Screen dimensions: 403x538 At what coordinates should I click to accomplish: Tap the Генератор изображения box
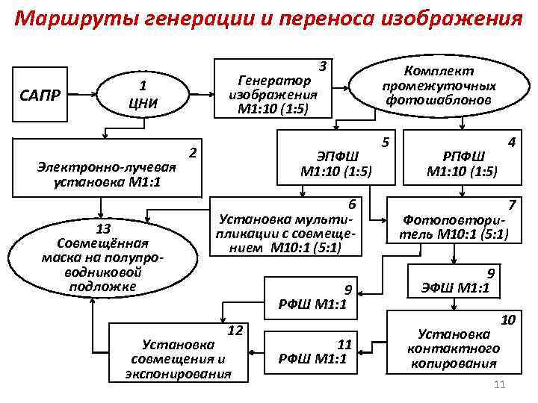[x=273, y=89]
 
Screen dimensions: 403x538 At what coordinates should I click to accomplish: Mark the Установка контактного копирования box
[x=454, y=343]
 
